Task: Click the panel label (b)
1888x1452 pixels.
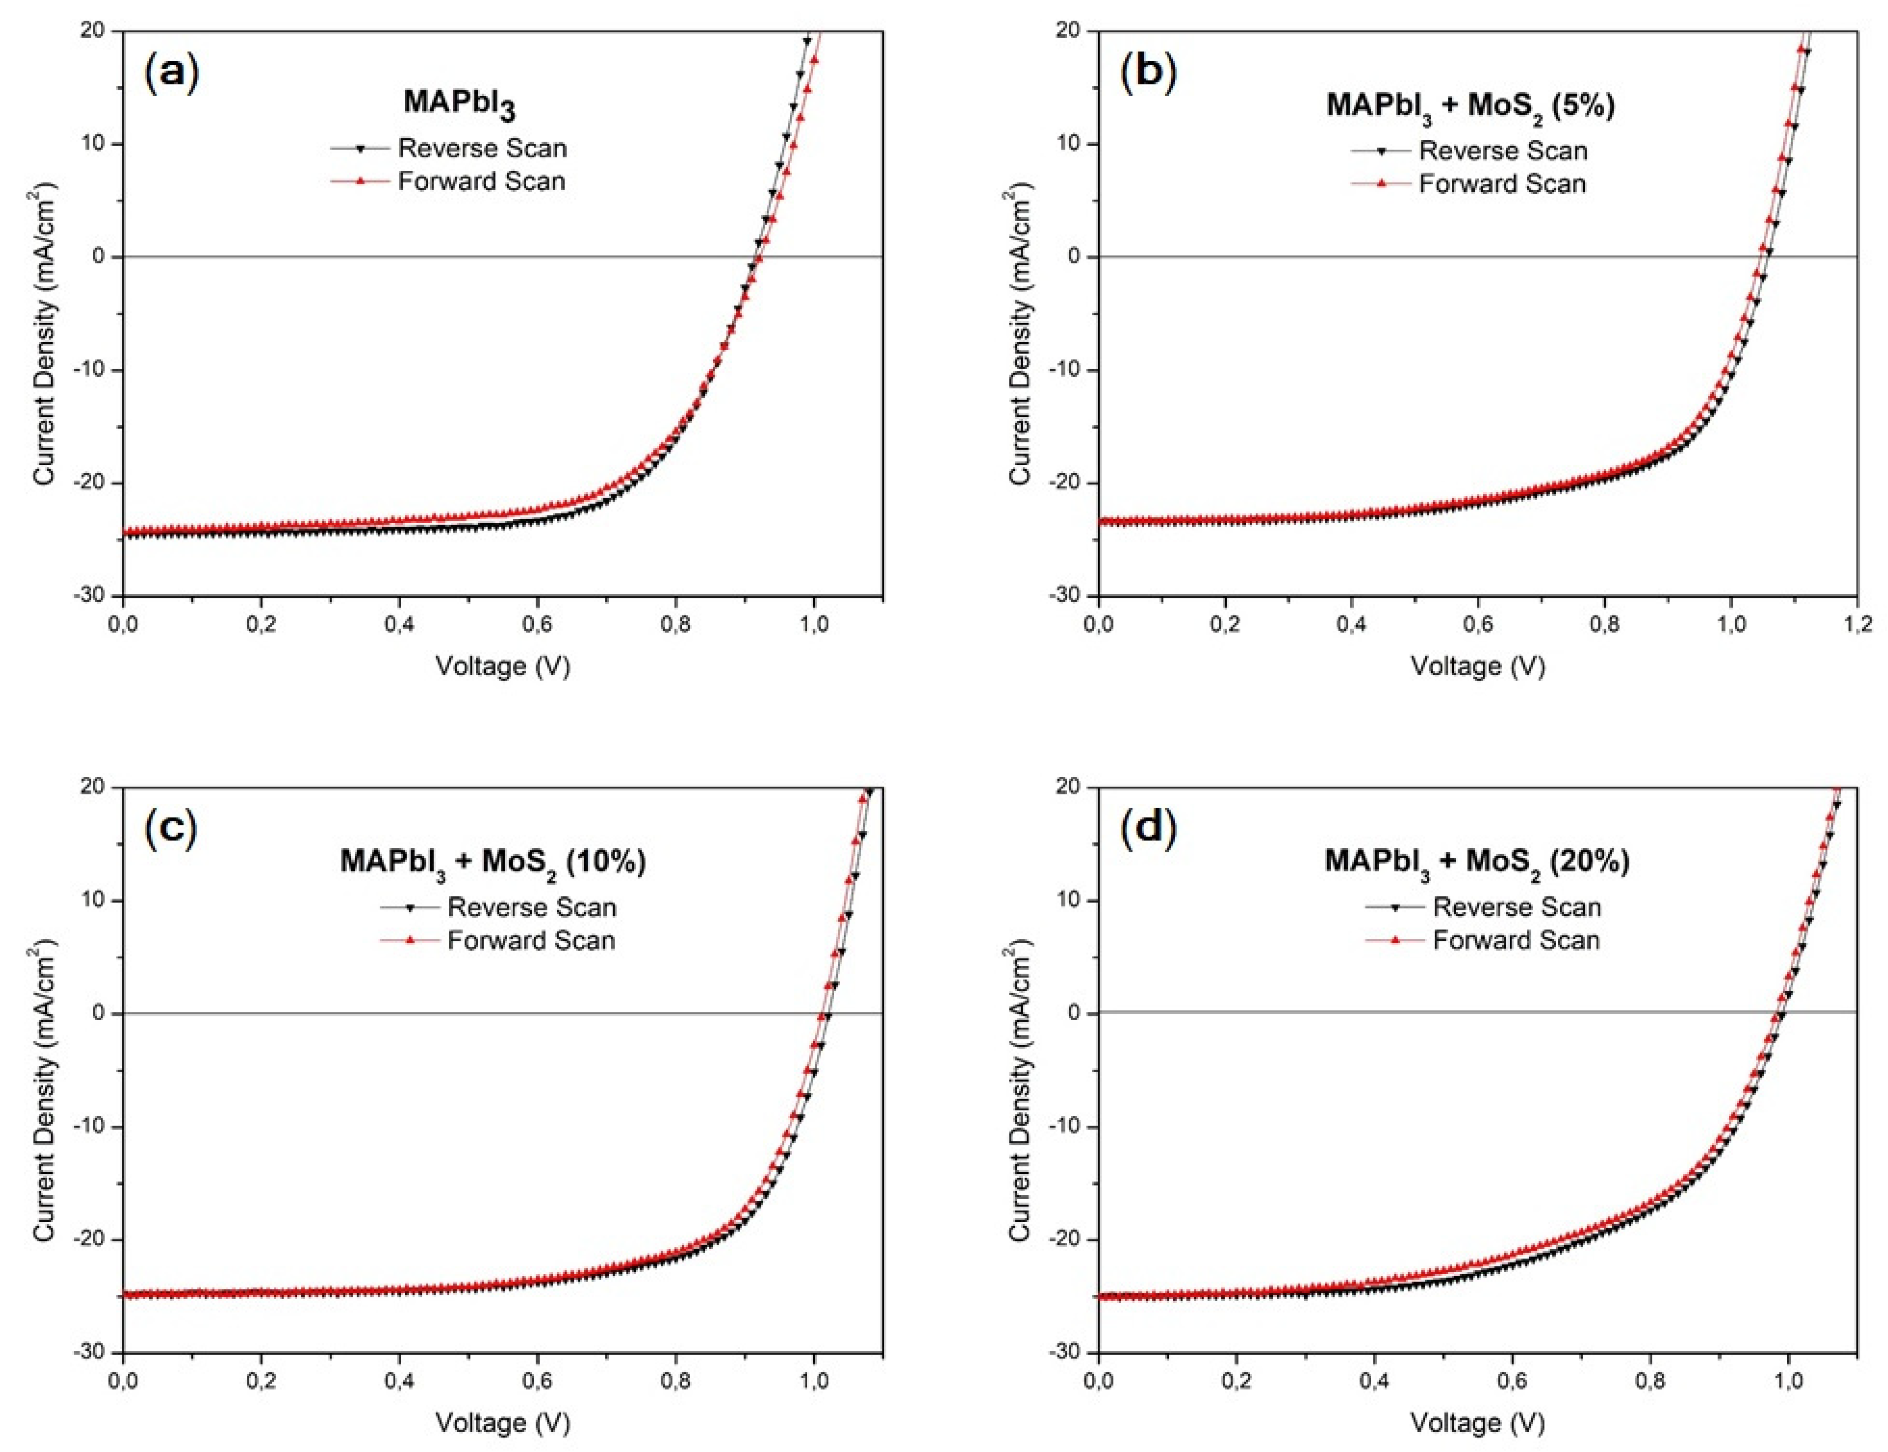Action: (x=1148, y=73)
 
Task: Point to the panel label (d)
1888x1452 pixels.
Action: (x=1148, y=828)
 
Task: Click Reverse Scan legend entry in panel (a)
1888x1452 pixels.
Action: (x=482, y=149)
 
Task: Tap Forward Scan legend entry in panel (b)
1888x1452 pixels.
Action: (x=1502, y=184)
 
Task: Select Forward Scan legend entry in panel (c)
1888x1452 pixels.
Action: (x=531, y=940)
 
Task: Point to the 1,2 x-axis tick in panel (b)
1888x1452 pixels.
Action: (x=1857, y=624)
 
